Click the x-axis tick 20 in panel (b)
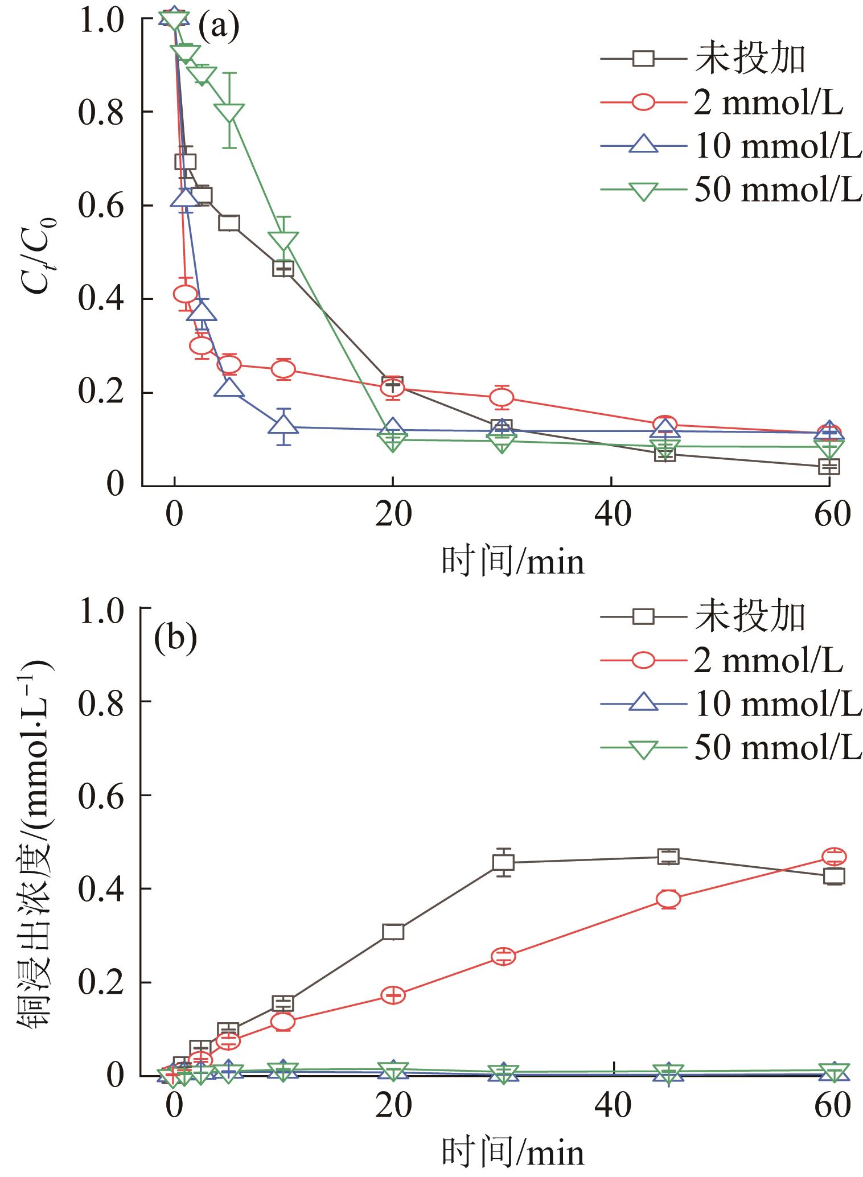click(x=393, y=1106)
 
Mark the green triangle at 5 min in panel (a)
click(x=229, y=112)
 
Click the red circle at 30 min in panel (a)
click(x=502, y=397)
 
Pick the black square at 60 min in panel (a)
click(x=829, y=467)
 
